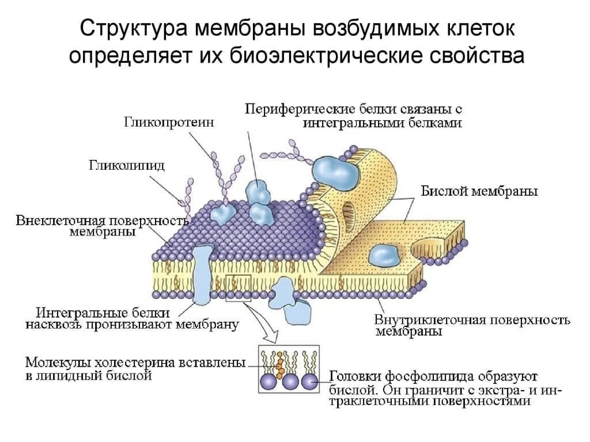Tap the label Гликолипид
126,166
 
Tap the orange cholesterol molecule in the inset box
279,363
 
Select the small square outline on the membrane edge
239,288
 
